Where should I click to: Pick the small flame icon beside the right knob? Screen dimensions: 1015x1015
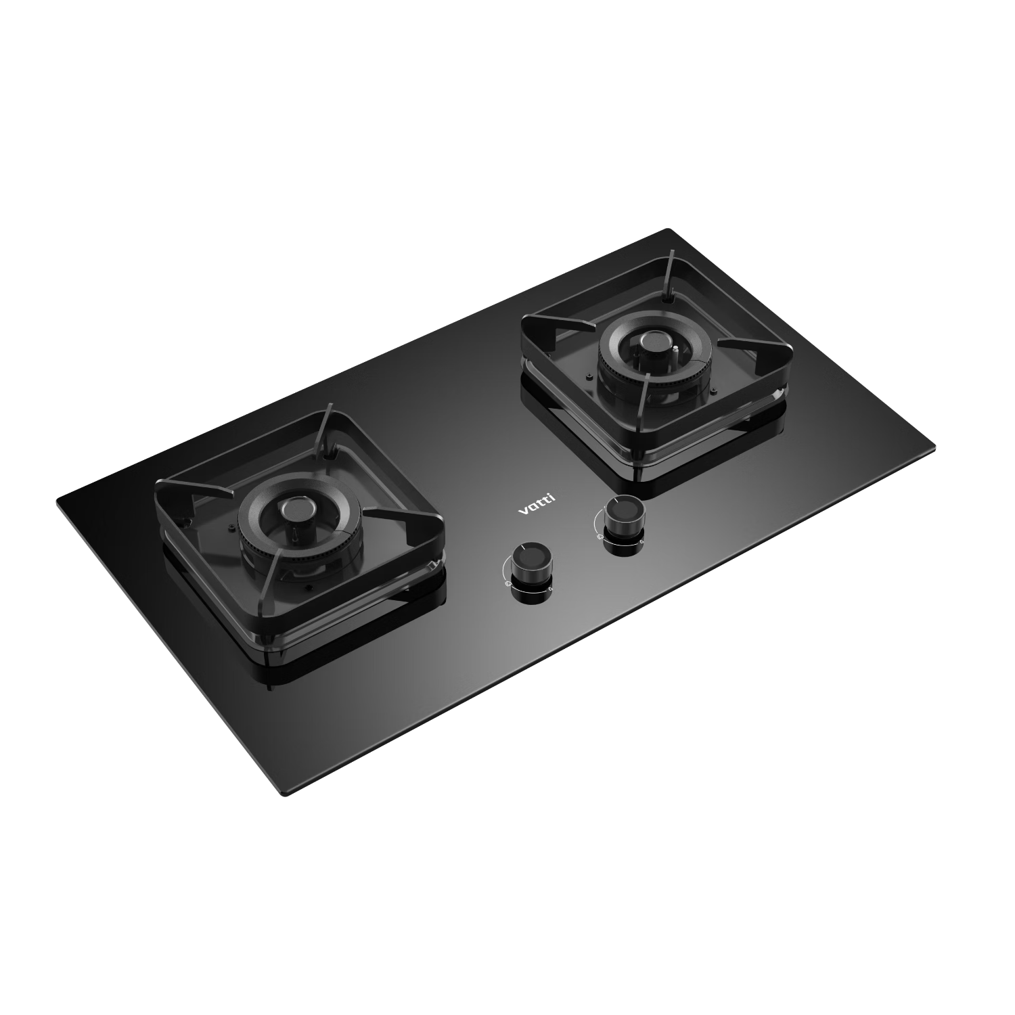(x=640, y=541)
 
